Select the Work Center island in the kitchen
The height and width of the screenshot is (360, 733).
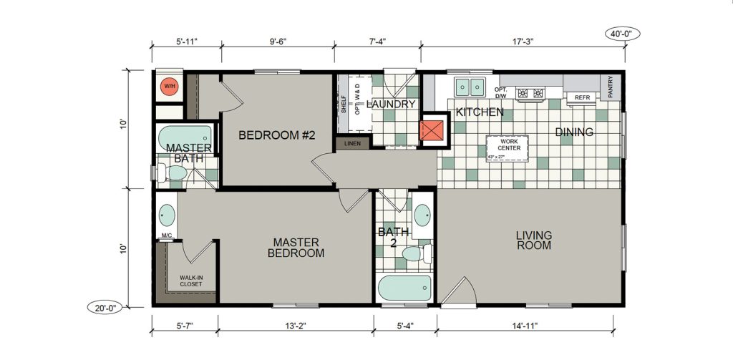click(x=507, y=149)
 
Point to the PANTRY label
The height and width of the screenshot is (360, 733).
click(x=610, y=87)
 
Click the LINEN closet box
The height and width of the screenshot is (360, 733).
click(x=352, y=144)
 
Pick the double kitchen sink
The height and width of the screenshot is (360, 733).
click(x=470, y=86)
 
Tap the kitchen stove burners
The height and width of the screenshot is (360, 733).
click(x=530, y=93)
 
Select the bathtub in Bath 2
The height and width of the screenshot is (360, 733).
click(x=405, y=288)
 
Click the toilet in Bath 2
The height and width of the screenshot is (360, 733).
click(x=417, y=254)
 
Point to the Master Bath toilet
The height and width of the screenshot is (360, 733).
click(x=173, y=172)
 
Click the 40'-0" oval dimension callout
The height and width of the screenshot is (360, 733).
click(x=622, y=34)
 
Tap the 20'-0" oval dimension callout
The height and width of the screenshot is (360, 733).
click(x=105, y=308)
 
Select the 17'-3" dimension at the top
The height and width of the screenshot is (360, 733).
click(x=523, y=41)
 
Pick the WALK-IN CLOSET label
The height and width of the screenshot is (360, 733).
click(x=190, y=281)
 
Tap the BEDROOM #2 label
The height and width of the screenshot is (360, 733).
click(x=277, y=135)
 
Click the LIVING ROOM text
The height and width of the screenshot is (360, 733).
click(x=534, y=240)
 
